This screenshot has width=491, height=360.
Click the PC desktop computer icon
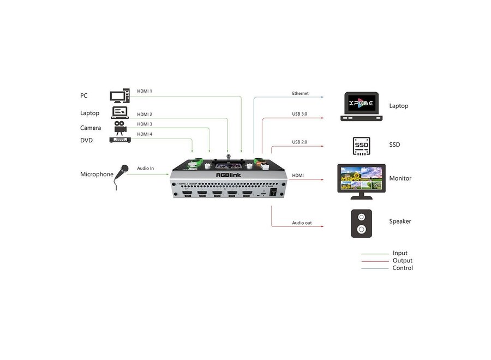coord(119,97)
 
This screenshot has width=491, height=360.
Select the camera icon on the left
coord(119,127)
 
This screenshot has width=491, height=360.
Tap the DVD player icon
coord(120,140)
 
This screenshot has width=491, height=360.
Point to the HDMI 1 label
coord(145,91)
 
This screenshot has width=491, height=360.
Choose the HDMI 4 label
coord(145,134)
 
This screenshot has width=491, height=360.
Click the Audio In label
coord(145,169)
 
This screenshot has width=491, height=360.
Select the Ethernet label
coord(300,94)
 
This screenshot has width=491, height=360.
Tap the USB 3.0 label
coord(300,114)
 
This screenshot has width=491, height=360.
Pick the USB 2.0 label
coord(300,142)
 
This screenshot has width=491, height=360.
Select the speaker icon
coord(361,223)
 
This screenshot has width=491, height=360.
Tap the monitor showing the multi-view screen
coord(361,179)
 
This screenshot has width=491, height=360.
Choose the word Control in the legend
coord(403,268)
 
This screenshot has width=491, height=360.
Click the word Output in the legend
coord(403,261)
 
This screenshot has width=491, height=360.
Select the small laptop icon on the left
coord(120,112)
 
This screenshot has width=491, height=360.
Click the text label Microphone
coord(97,175)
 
